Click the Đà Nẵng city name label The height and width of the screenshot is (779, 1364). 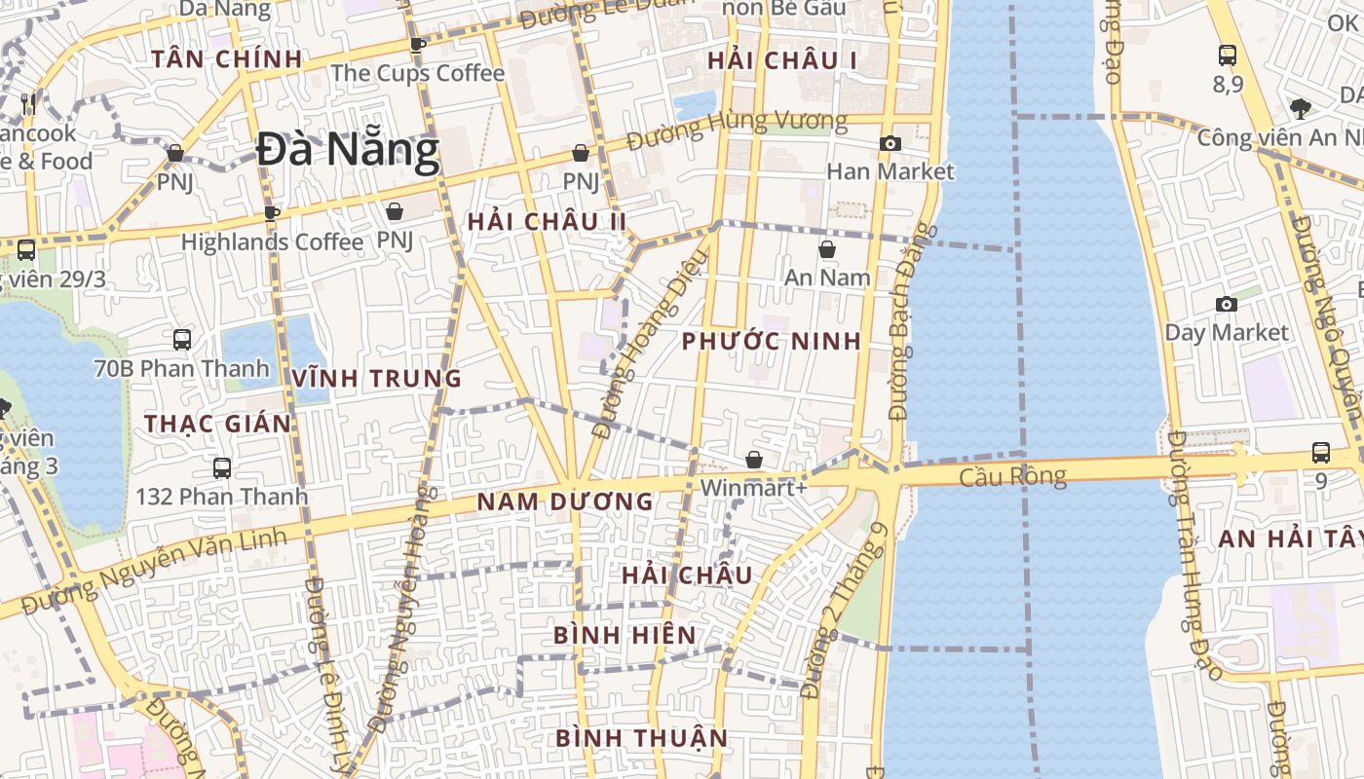(x=349, y=150)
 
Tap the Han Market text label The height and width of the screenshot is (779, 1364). (x=890, y=171)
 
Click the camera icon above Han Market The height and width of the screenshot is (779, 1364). (x=890, y=144)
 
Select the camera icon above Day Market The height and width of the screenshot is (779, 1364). (x=1227, y=305)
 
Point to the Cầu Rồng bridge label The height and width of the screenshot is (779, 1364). (x=1012, y=476)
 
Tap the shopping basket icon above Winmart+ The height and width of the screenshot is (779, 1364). (x=754, y=460)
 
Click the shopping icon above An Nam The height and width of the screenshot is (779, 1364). (x=827, y=250)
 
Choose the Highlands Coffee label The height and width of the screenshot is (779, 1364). (x=272, y=241)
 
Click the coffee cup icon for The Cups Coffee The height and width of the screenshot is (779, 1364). (x=418, y=45)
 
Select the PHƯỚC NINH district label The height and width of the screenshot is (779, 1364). (x=771, y=342)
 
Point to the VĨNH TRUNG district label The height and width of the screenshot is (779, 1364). (x=377, y=379)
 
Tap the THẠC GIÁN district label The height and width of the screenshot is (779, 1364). (x=218, y=424)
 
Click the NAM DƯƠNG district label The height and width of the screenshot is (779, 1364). (x=564, y=502)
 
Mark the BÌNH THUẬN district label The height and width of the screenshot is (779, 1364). (x=641, y=738)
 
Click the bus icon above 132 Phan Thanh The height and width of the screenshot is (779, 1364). (x=222, y=468)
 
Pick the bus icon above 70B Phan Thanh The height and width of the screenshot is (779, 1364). (x=182, y=340)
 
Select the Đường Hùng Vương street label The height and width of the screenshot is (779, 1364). (x=737, y=128)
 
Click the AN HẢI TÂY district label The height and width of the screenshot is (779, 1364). (x=1290, y=539)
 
